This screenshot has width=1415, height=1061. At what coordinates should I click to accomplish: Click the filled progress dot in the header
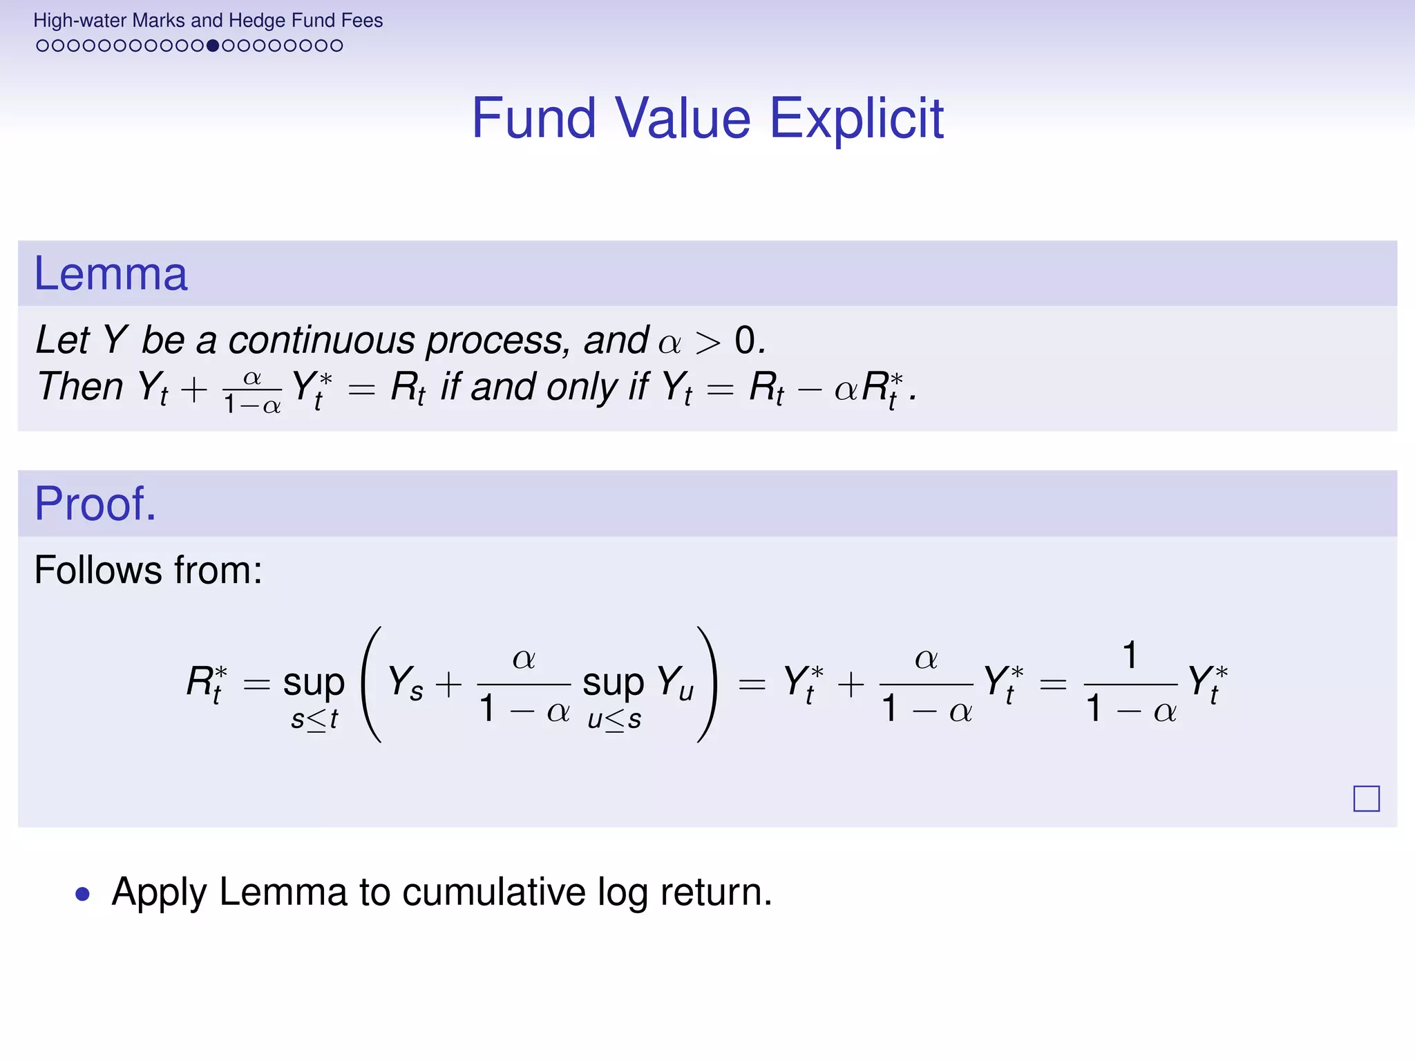(213, 46)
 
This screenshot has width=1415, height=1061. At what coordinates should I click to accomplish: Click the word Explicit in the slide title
(856, 119)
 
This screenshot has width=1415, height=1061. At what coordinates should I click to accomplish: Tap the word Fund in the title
(533, 119)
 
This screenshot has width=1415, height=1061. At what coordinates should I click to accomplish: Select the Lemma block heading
(111, 274)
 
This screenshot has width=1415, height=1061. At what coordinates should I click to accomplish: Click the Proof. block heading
(95, 504)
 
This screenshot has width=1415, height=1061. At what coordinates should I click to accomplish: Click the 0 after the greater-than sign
(745, 340)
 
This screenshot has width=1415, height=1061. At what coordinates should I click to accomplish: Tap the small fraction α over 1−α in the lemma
(252, 391)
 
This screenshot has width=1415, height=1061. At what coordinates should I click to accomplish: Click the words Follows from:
(149, 570)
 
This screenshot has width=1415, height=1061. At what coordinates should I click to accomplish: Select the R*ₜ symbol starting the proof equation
(207, 683)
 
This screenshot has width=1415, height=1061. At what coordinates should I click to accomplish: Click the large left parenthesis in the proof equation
(372, 684)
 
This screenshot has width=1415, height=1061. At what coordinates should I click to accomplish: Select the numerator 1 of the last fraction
(1130, 655)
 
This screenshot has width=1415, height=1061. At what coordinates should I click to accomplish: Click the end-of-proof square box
(1366, 799)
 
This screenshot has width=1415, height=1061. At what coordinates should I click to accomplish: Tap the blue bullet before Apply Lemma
(83, 894)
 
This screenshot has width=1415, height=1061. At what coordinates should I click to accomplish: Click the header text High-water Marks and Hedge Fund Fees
(208, 21)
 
